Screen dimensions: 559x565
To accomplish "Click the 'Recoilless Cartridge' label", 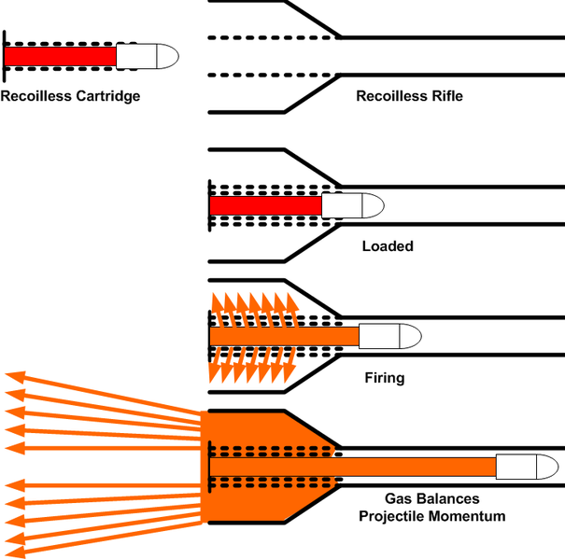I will [70, 95].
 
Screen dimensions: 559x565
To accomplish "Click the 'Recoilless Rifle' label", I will [409, 95].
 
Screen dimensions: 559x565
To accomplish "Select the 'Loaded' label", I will [387, 246].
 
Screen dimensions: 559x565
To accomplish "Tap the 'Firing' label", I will [383, 378].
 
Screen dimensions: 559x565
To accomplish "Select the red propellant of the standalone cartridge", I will [61, 56].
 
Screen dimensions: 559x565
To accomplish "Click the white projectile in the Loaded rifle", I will [351, 204].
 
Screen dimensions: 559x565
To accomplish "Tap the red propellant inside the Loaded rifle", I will [266, 204].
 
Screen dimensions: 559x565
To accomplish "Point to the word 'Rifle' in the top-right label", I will [445, 95].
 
